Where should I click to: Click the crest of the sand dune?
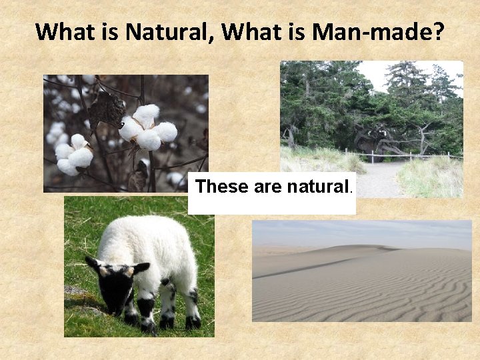click(360, 249)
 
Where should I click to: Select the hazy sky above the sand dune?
click(360, 232)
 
